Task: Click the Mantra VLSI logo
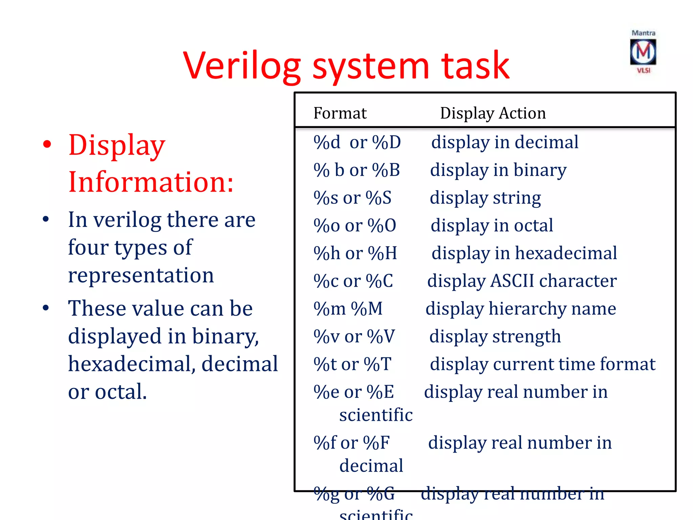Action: point(643,52)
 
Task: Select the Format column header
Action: point(340,113)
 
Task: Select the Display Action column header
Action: point(493,113)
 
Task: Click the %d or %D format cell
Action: point(357,142)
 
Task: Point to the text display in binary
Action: point(498,170)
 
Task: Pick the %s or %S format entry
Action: point(352,198)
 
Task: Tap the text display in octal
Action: point(492,225)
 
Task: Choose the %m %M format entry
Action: point(348,309)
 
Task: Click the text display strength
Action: point(495,337)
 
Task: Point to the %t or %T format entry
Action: point(352,364)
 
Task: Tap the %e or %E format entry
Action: point(354,392)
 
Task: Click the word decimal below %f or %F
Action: point(371,466)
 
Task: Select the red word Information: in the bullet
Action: point(151,182)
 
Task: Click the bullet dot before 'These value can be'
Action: point(46,308)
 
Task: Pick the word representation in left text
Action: point(141,275)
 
